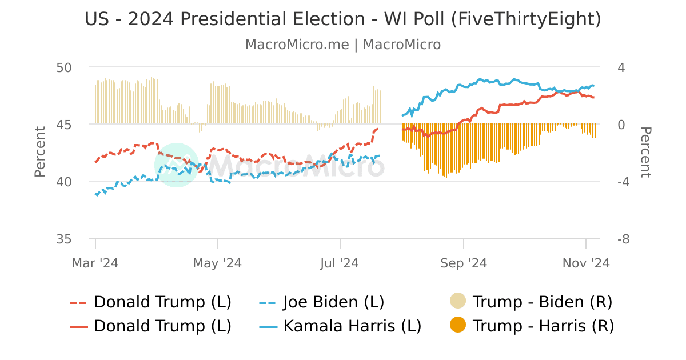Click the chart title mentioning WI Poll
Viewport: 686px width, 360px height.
(343, 19)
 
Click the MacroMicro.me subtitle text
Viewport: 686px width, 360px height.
(343, 45)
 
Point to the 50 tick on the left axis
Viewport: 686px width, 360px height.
(63, 67)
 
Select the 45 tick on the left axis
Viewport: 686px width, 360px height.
(63, 125)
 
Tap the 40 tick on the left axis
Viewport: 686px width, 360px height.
(63, 182)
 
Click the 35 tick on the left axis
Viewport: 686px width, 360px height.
(63, 239)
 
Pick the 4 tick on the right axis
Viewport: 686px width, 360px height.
(621, 67)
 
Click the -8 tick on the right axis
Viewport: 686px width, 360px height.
(623, 239)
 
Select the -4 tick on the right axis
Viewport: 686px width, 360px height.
(623, 182)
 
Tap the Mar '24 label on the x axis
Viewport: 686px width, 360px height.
(95, 263)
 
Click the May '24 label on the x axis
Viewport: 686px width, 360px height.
(217, 263)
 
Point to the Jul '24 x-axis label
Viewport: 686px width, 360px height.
(340, 263)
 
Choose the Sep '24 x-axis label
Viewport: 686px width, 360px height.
(463, 263)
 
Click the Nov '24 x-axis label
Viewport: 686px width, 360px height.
(586, 263)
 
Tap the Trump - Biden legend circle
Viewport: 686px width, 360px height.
(458, 301)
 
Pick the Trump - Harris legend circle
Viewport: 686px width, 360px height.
(458, 325)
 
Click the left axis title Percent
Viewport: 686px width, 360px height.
(39, 152)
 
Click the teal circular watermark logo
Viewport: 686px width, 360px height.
(176, 165)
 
